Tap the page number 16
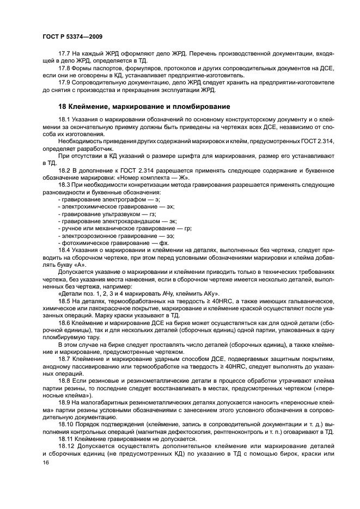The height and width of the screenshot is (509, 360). point(45,462)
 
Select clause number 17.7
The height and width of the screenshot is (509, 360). point(64,54)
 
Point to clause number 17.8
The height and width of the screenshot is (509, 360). point(64,68)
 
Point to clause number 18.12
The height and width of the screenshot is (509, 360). point(65,444)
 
